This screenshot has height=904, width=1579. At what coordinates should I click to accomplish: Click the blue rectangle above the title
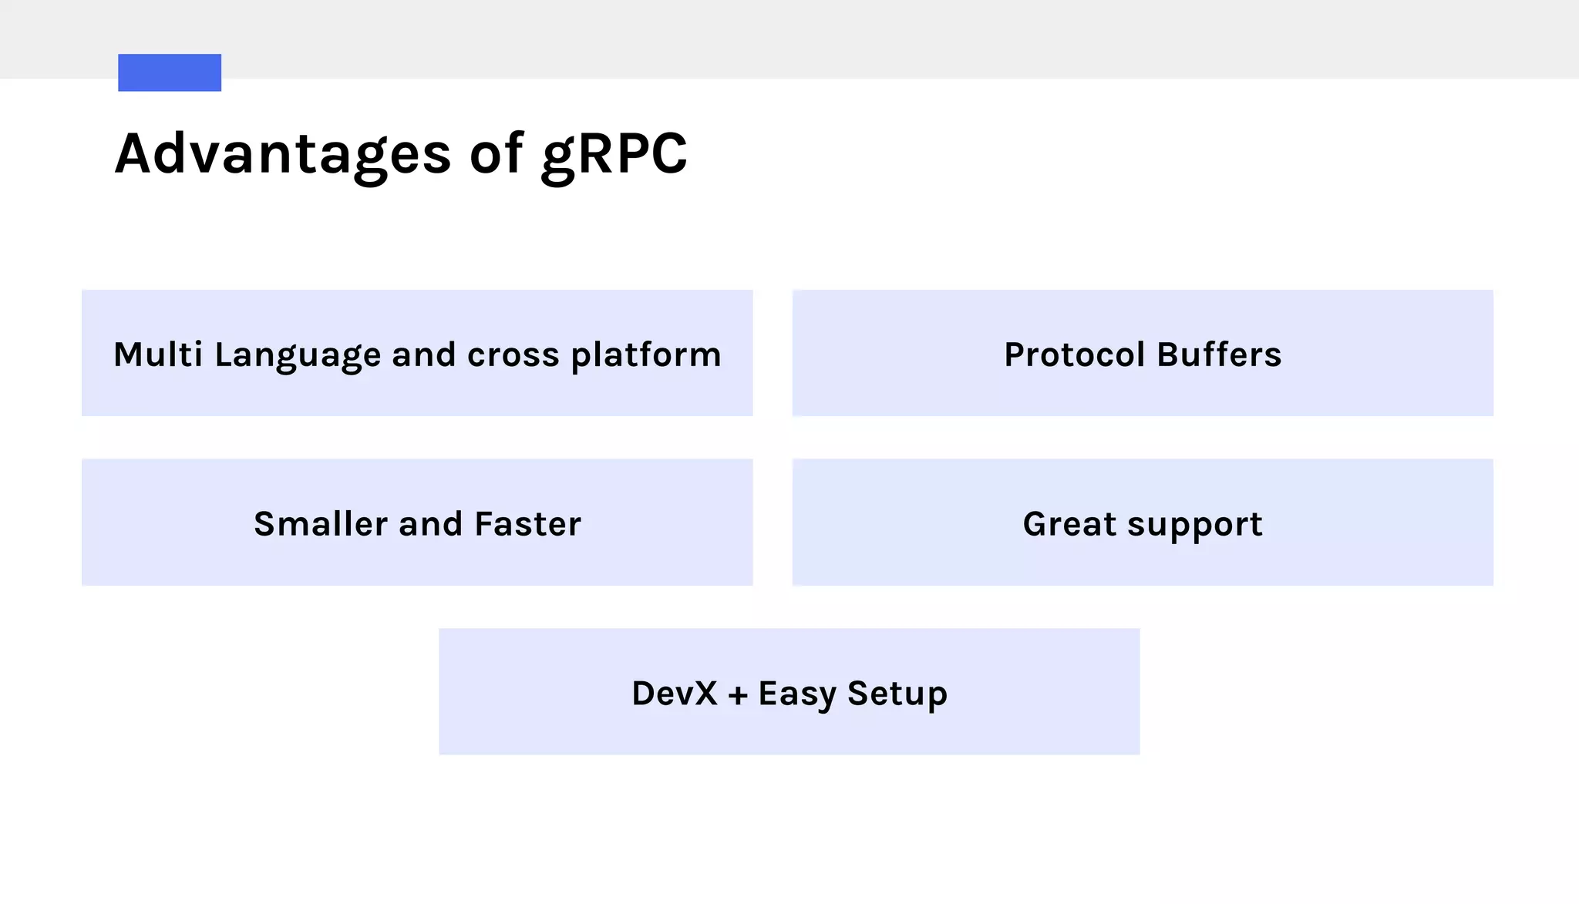(x=170, y=72)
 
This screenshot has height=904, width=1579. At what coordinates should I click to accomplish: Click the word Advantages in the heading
(x=282, y=154)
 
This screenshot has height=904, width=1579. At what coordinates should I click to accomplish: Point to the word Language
(x=298, y=356)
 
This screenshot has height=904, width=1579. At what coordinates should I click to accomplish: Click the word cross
(x=513, y=355)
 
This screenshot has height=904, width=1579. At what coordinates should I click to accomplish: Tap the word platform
(x=646, y=356)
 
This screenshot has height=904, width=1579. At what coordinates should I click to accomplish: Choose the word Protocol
(x=1075, y=355)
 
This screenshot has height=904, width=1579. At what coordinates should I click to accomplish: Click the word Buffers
(x=1219, y=355)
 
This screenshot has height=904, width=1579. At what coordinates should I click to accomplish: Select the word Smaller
(x=321, y=524)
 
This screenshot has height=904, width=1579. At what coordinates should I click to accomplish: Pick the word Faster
(x=527, y=524)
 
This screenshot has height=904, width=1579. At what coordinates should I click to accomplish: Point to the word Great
(x=1069, y=524)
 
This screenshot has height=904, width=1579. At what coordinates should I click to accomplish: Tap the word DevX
(x=674, y=694)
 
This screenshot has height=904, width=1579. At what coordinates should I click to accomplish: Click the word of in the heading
(x=497, y=154)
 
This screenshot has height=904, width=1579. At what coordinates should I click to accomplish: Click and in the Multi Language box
(x=423, y=355)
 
